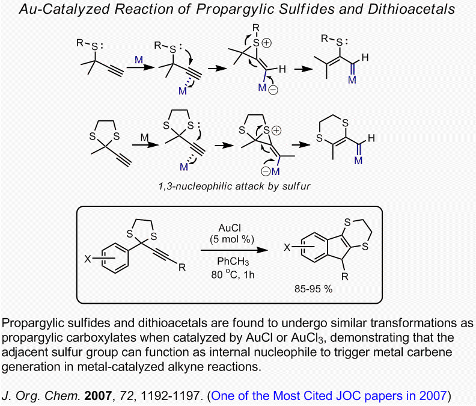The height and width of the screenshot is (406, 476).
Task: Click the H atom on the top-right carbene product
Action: pos(365,58)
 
